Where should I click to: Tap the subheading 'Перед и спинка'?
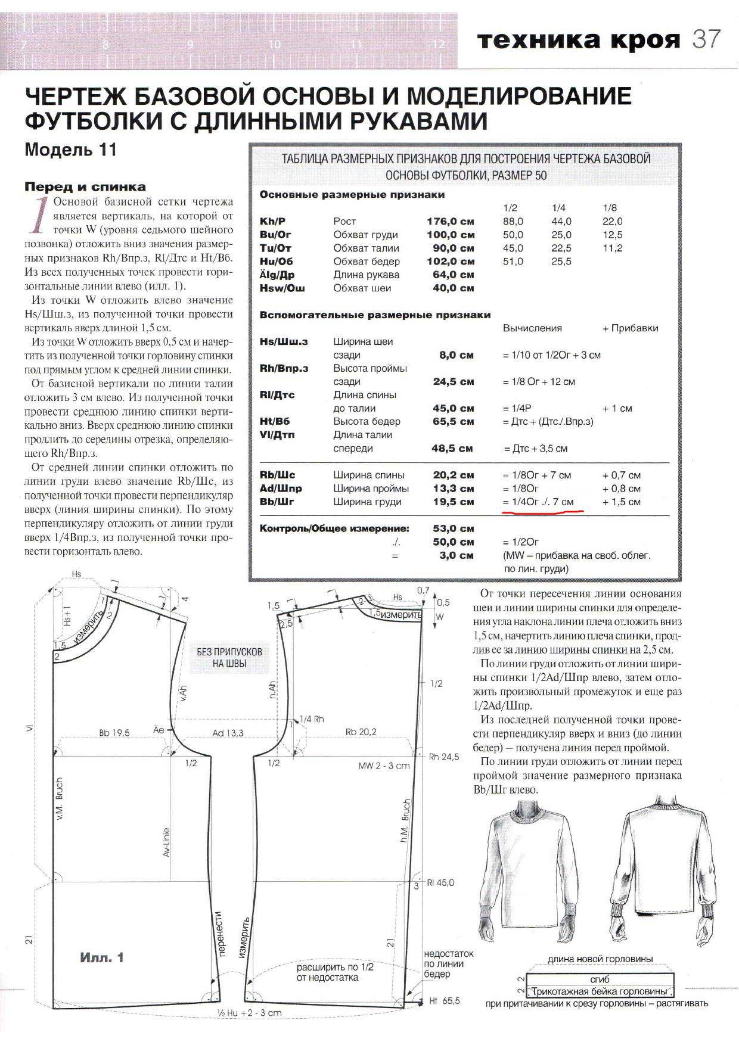(85, 186)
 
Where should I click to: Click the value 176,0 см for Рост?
(451, 221)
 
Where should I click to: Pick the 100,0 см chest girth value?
(451, 235)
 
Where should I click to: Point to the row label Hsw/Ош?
(282, 288)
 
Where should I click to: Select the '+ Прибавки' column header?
(631, 328)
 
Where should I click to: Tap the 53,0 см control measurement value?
(454, 528)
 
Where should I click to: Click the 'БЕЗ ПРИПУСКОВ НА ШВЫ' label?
(229, 658)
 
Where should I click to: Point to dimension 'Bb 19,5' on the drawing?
(114, 733)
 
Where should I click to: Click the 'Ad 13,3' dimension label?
(228, 733)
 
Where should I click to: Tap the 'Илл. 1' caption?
(102, 958)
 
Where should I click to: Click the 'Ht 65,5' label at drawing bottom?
(445, 1001)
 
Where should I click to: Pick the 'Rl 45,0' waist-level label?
(441, 883)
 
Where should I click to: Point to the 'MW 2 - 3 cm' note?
(384, 766)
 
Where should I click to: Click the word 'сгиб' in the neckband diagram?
(600, 979)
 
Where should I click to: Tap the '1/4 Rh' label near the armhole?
(312, 719)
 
